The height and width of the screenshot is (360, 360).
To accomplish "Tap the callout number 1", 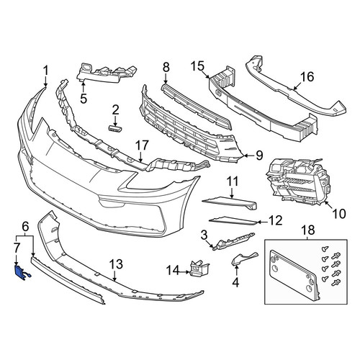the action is point(45,71).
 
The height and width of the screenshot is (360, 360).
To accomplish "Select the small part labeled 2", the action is point(115,128).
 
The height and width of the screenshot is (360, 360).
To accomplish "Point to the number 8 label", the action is point(166,68).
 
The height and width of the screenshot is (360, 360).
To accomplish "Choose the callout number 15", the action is point(197,66).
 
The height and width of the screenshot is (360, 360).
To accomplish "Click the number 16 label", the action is point(307,77).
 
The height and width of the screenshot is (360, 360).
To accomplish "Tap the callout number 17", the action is point(142,145).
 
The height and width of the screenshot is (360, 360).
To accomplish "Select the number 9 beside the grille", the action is point(259,156).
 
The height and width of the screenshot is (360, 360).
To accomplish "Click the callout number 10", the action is point(339,213).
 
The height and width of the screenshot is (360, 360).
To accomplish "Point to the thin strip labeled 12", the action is point(233,221).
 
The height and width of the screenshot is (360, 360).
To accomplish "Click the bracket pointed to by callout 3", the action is point(233,241).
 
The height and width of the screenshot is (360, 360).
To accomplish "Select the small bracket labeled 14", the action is point(199,269).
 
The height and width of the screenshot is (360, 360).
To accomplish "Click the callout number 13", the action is point(116,264).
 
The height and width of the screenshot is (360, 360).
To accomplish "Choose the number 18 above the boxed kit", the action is point(308,230).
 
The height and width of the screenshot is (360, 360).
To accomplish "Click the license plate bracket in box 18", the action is point(295,276).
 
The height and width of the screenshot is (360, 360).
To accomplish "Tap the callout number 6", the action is point(25,226).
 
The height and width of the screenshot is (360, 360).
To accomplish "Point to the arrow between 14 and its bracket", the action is point(185,272).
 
